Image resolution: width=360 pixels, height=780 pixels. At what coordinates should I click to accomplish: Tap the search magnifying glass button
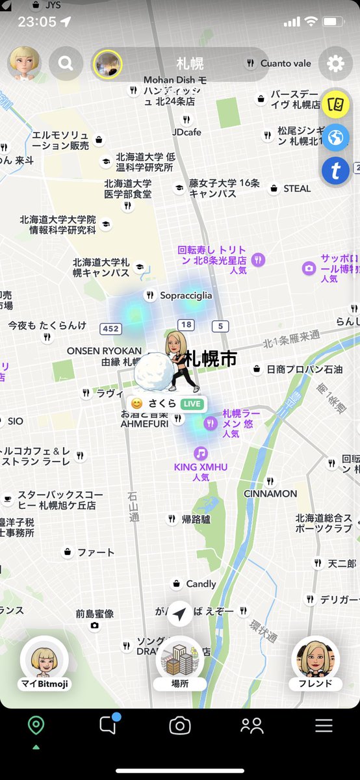[66, 63]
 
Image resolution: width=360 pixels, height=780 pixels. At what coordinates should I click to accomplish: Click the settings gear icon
[335, 63]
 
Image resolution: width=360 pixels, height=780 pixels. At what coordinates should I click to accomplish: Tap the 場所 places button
[180, 663]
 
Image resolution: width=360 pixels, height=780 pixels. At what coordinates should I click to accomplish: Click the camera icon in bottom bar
[180, 726]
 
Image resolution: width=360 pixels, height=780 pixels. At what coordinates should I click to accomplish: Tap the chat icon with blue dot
[108, 725]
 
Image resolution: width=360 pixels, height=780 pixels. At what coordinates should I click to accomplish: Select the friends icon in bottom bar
[251, 726]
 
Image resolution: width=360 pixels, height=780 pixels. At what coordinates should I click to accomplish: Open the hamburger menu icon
[324, 726]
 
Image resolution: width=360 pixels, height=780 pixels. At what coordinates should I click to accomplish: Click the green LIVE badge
[192, 404]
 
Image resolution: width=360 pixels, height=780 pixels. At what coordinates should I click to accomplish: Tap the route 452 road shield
[110, 328]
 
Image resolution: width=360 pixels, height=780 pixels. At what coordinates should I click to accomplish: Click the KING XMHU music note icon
[201, 453]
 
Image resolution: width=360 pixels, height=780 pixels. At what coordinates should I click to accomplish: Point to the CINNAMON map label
[270, 493]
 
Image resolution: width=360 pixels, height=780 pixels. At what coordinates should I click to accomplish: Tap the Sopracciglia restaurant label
[186, 295]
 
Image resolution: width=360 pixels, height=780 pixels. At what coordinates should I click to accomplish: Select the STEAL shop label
[297, 188]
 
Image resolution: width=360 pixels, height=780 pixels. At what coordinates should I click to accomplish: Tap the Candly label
[201, 584]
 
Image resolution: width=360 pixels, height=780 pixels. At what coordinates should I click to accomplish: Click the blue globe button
[336, 138]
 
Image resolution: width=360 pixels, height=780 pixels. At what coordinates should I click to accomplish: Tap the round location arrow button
[180, 613]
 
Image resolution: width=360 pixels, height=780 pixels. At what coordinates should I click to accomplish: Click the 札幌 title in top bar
[190, 63]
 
